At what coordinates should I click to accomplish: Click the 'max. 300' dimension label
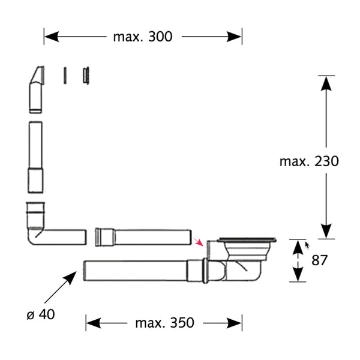pyautogui.click(x=143, y=37)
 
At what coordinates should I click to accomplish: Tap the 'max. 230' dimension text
pyautogui.click(x=309, y=161)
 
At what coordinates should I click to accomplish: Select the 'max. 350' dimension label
pyautogui.click(x=164, y=323)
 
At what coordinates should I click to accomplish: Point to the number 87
pyautogui.click(x=319, y=260)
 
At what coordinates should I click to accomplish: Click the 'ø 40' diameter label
pyautogui.click(x=41, y=314)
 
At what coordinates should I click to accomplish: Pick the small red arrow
pyautogui.click(x=199, y=242)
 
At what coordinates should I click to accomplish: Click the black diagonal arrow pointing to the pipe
pyautogui.click(x=61, y=287)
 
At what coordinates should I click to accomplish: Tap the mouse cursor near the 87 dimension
pyautogui.click(x=307, y=245)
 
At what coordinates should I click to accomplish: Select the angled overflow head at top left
pyautogui.click(x=36, y=89)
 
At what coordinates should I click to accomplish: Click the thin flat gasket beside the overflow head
pyautogui.click(x=65, y=76)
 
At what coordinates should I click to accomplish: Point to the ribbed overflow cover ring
pyautogui.click(x=86, y=76)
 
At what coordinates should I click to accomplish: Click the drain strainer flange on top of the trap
pyautogui.click(x=247, y=240)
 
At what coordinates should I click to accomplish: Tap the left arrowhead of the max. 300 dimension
pyautogui.click(x=52, y=37)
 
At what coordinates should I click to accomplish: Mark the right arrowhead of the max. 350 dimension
pyautogui.click(x=234, y=323)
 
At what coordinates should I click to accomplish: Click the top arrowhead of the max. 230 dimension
pyautogui.click(x=326, y=83)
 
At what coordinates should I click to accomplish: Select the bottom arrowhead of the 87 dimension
pyautogui.click(x=298, y=274)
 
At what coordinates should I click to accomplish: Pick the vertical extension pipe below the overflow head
pyautogui.click(x=35, y=157)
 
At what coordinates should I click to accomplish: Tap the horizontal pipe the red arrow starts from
pyautogui.click(x=143, y=237)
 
